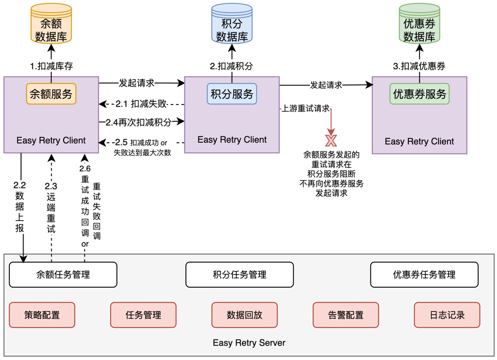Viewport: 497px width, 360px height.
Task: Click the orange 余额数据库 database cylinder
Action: coord(51,25)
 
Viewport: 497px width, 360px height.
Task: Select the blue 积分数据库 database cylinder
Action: coord(232,25)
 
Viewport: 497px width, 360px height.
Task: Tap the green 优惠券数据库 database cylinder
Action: coord(419,25)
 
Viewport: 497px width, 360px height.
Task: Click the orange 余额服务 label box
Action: coord(51,94)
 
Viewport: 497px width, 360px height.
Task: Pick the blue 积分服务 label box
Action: coord(232,94)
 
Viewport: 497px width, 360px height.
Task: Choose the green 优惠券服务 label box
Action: coord(419,94)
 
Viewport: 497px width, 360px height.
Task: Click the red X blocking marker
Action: coord(331,140)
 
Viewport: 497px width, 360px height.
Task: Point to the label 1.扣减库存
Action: coord(51,66)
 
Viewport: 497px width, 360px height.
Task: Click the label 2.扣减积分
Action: coord(232,66)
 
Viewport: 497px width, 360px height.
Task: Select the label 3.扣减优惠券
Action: coord(419,66)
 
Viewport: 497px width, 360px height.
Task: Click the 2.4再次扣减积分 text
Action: coord(138,122)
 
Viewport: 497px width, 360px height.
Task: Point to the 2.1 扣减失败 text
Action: coord(141,104)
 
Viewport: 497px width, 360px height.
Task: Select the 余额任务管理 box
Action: coord(63,275)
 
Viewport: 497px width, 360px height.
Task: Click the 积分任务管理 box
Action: coord(239,275)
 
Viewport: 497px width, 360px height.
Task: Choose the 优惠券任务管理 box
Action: coord(424,275)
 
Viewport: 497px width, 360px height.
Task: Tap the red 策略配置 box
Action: coord(42,315)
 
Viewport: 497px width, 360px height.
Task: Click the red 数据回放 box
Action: coord(244,315)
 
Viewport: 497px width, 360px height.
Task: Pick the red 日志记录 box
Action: coord(447,315)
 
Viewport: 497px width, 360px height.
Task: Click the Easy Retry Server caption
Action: coord(249,343)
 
